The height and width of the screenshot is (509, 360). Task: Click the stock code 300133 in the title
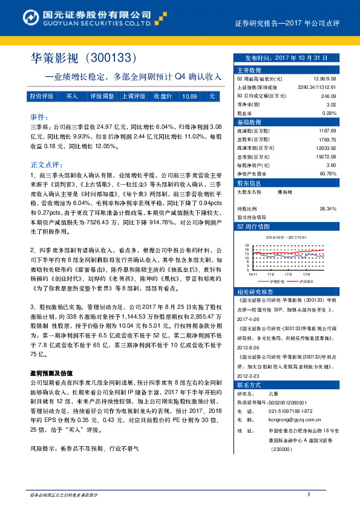coord(113,58)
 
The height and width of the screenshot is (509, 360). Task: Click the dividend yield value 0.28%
coord(329,113)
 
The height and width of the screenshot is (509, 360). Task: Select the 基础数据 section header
coord(248,122)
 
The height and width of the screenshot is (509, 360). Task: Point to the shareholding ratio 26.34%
coord(327,208)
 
